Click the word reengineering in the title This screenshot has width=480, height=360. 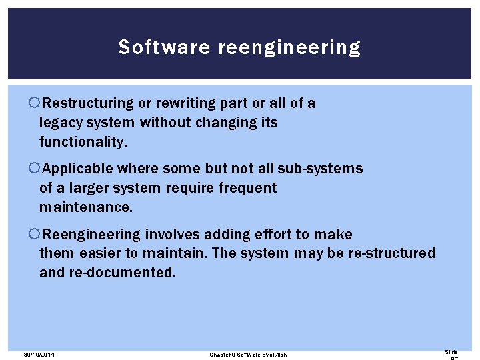pyautogui.click(x=289, y=48)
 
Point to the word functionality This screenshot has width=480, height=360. pyautogui.click(x=83, y=142)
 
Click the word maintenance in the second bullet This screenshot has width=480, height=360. pyautogui.click(x=86, y=207)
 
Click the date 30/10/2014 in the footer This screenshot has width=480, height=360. pyautogui.click(x=38, y=355)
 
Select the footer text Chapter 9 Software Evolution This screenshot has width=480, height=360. pyautogui.click(x=248, y=355)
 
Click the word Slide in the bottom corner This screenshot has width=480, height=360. pyautogui.click(x=451, y=352)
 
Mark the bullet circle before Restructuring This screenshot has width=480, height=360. pyautogui.click(x=35, y=103)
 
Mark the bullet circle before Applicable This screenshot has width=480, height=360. pyautogui.click(x=35, y=169)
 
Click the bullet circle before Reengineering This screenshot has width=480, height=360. pyautogui.click(x=35, y=235)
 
